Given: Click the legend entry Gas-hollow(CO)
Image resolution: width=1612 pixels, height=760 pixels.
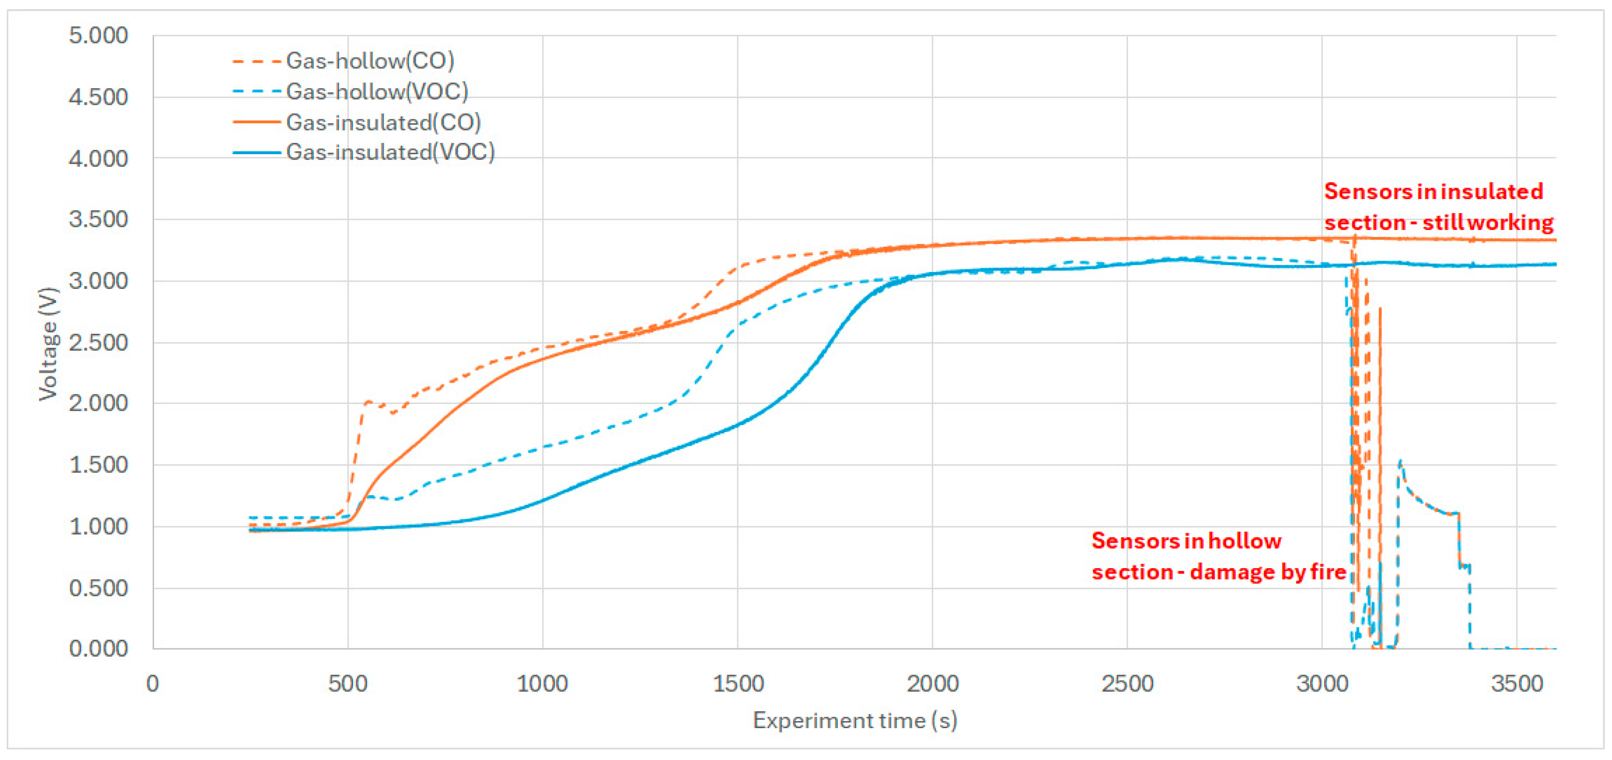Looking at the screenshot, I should (x=369, y=61).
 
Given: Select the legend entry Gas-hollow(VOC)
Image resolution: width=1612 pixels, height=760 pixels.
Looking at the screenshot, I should (x=377, y=91).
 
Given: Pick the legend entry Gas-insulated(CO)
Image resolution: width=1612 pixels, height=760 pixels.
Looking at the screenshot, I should (x=383, y=122).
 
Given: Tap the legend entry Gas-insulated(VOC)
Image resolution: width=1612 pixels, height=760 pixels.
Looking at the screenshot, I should (x=390, y=152).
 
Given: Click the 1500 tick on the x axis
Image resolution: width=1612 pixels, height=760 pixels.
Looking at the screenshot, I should (x=738, y=683).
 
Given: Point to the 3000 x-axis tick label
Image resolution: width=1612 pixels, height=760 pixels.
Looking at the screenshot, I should (x=1322, y=683).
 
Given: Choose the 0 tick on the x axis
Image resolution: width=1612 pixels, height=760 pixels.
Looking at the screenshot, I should (x=153, y=683).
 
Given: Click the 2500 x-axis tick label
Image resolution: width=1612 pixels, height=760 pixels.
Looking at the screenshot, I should (x=1127, y=683).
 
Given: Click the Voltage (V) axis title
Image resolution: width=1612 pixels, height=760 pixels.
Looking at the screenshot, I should (x=48, y=343).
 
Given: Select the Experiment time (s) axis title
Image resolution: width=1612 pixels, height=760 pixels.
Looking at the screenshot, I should (x=855, y=720).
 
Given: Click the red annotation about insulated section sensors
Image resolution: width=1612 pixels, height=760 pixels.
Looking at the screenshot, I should (x=1438, y=207).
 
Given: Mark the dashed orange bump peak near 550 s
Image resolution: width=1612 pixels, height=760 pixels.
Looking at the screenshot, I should (x=368, y=402).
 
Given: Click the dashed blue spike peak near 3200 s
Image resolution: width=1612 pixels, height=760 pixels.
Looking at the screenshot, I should (x=1400, y=462).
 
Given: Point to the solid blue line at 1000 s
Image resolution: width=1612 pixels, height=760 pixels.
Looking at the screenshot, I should (x=542, y=501).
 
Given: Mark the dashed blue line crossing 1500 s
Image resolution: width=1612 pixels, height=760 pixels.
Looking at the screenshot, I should (x=738, y=326).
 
